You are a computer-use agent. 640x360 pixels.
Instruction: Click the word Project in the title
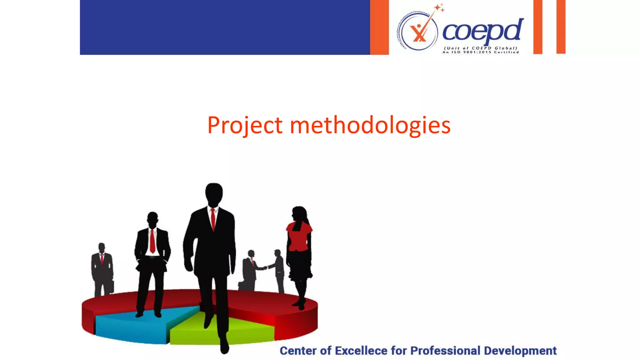[245, 125]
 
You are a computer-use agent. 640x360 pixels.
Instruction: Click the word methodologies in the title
[370, 125]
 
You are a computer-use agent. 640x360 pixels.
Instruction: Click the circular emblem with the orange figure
[419, 33]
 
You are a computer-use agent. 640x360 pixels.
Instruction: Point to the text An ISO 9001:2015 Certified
[481, 52]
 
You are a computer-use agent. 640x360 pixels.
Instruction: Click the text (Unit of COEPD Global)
[481, 48]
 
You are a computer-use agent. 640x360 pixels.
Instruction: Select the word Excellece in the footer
[361, 351]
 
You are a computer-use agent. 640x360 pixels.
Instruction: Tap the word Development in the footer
[520, 351]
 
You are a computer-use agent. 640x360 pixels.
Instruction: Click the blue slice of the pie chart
[131, 327]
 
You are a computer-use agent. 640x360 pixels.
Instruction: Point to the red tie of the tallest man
[213, 219]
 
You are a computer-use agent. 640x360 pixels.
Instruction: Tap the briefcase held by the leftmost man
[111, 287]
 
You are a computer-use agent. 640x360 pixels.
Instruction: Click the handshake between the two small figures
[265, 267]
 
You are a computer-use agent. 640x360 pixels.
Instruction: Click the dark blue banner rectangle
[225, 27]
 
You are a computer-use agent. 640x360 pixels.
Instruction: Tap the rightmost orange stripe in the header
[561, 27]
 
